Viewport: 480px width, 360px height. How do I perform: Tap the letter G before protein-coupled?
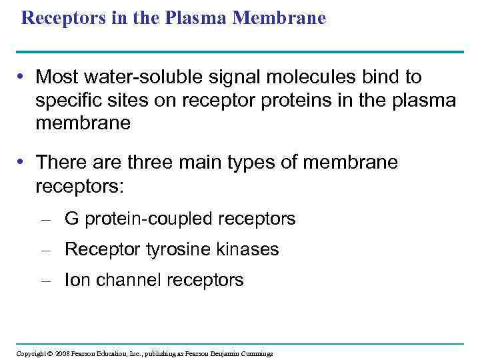tap(71, 219)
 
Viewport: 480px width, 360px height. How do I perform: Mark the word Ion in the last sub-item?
tap(77, 280)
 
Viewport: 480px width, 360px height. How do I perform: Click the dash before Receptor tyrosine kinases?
tap(46, 250)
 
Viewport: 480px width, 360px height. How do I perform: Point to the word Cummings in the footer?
tap(257, 353)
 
